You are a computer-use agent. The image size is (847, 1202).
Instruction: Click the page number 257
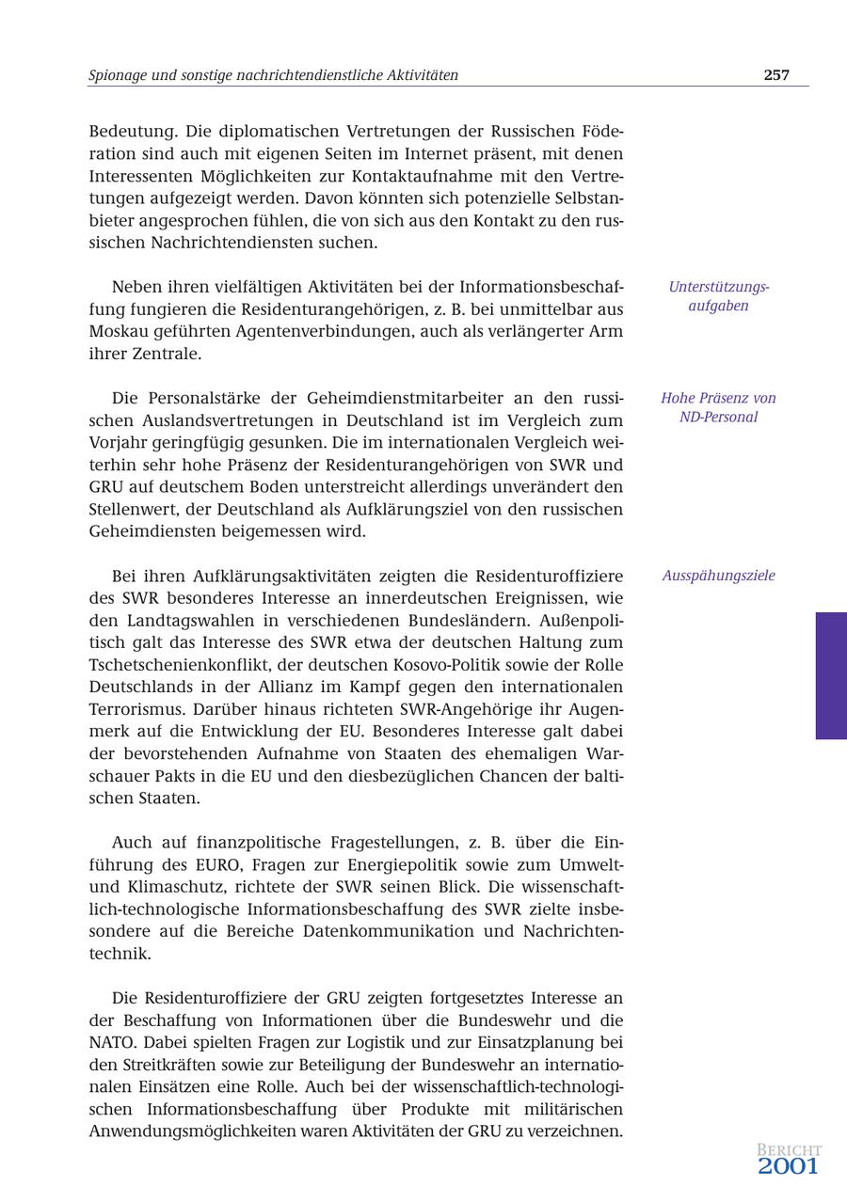(776, 75)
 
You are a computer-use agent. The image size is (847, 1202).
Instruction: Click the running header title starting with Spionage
(273, 75)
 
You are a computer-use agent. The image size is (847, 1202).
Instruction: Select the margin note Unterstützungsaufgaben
(718, 296)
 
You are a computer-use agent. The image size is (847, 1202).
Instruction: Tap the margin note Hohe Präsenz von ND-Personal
(718, 407)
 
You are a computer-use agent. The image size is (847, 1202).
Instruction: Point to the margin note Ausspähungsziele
(718, 576)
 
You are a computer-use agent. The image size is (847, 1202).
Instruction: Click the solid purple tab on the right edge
(831, 675)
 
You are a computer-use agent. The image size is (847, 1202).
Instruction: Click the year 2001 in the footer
(789, 1167)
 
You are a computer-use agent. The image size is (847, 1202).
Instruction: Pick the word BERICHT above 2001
(789, 1150)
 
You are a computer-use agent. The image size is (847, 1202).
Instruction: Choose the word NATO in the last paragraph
(114, 1042)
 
